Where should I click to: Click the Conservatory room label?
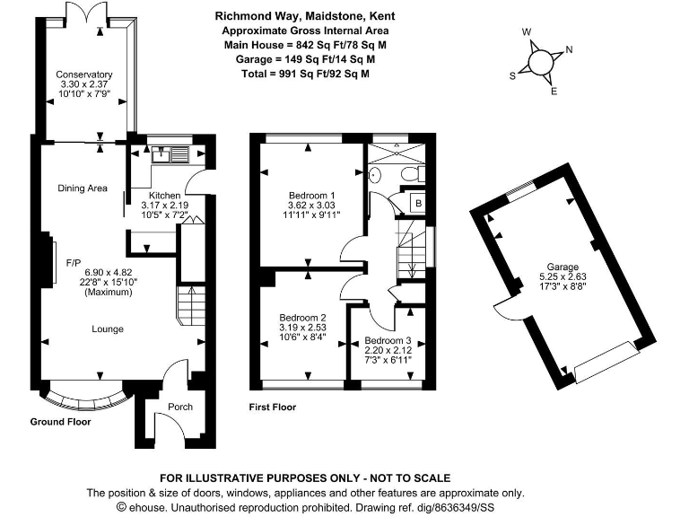(84, 74)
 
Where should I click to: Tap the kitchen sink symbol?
(170, 154)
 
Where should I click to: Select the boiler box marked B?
(418, 203)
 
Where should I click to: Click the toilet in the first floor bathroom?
(412, 173)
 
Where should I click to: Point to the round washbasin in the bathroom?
(374, 174)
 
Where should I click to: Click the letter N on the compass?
(569, 49)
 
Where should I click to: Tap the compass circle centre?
(540, 63)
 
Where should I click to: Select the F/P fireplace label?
(74, 263)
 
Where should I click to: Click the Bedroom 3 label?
(388, 340)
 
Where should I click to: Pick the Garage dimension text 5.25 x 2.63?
(563, 276)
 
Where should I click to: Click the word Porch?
(180, 407)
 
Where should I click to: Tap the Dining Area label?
(83, 188)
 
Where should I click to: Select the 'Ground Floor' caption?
(61, 422)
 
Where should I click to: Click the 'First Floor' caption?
(273, 407)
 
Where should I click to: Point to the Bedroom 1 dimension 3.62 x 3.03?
(311, 205)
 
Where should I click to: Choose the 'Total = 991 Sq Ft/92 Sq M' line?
(305, 74)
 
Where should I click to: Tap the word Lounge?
(108, 329)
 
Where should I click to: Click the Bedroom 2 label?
(302, 318)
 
